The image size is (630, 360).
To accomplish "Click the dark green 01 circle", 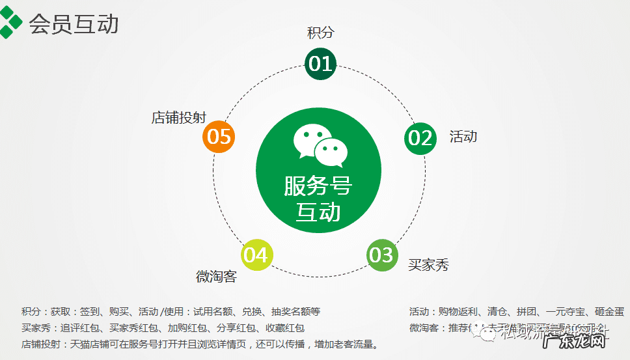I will point(320,64).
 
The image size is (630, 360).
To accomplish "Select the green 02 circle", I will point(420,138).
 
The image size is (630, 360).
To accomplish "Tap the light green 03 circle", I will point(382,255).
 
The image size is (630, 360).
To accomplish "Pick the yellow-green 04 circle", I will point(256,255).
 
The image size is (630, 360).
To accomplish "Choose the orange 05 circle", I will point(218,137).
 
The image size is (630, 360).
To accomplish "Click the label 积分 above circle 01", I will point(320,33).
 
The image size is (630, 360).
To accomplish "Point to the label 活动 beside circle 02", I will point(463,136).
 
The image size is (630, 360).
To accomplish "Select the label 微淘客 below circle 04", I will point(216,277).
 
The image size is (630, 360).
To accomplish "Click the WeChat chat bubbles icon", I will point(321,143).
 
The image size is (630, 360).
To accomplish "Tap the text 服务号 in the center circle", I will point(318,186).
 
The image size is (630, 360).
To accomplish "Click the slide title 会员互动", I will point(74,24).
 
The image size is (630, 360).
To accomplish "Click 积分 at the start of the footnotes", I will point(31,312).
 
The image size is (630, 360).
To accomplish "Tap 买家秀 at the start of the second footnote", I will point(35,328).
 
